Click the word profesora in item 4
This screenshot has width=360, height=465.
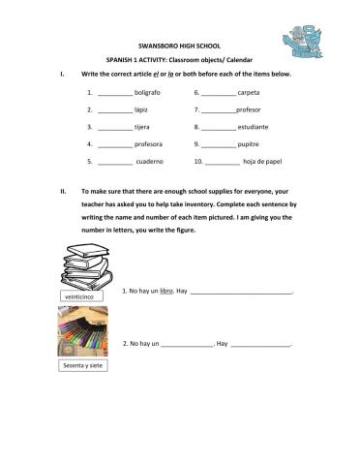click(151, 144)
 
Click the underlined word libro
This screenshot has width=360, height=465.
click(165, 291)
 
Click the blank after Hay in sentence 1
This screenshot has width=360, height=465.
click(243, 292)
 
